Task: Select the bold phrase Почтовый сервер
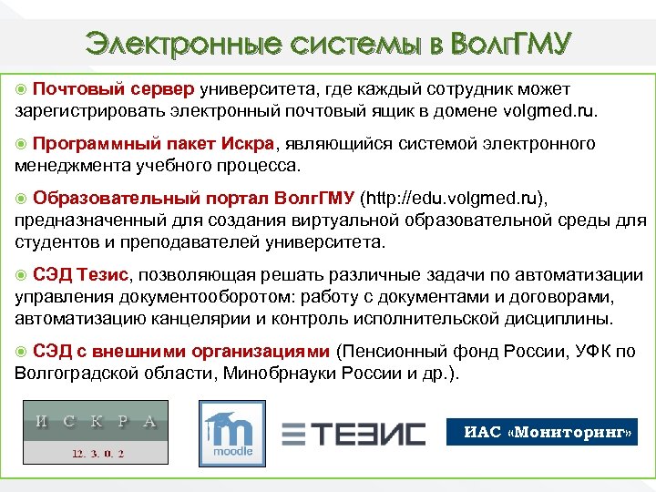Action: pos(113,89)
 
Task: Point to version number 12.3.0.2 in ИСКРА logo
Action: pos(96,452)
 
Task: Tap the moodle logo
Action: pos(231,432)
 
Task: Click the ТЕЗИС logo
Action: pos(353,433)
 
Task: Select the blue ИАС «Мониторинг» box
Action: pos(542,431)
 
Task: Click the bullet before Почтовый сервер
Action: pos(22,89)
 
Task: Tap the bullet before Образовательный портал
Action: pos(22,199)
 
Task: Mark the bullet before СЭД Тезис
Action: pos(22,275)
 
